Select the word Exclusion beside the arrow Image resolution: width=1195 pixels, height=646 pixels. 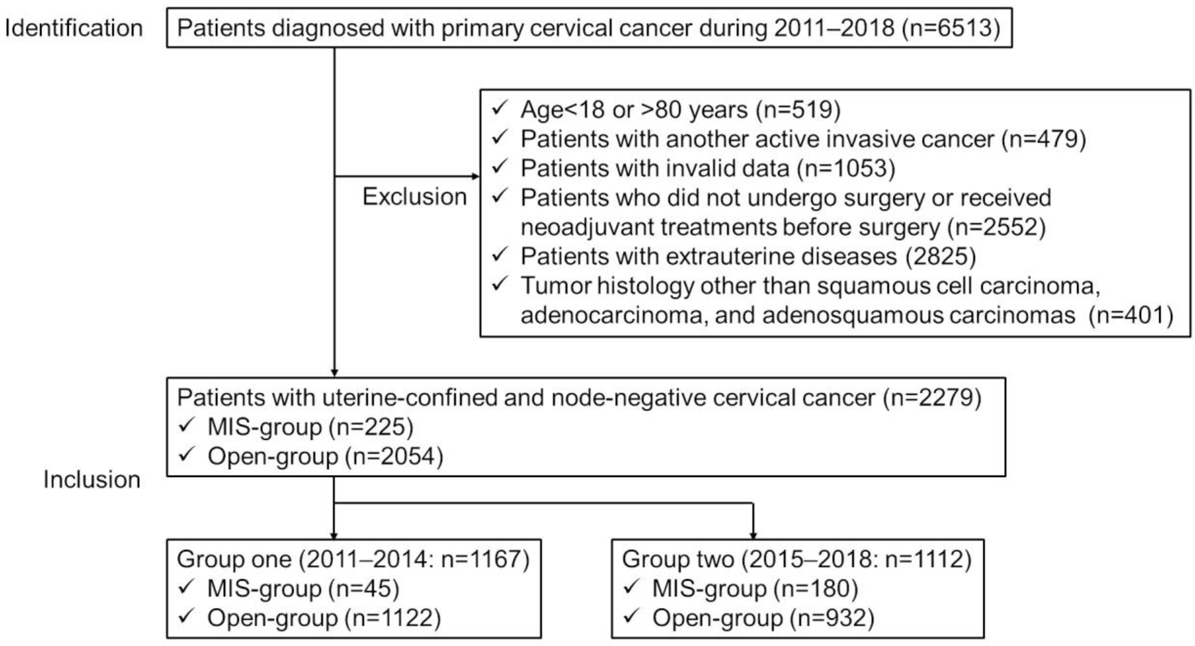coord(414,196)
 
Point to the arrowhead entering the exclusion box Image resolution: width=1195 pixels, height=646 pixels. coord(475,176)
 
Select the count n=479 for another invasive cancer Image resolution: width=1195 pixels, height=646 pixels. coord(1044,139)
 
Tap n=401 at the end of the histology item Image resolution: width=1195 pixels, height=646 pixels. coord(1131,315)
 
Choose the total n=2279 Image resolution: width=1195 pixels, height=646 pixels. coord(933,398)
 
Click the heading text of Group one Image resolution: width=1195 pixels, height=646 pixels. coord(353,559)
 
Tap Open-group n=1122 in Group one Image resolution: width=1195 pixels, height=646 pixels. coord(324,618)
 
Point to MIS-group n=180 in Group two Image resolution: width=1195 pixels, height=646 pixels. coord(755,588)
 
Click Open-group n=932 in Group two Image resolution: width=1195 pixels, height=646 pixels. coord(763,618)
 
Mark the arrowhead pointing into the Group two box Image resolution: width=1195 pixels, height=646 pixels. coord(753,536)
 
